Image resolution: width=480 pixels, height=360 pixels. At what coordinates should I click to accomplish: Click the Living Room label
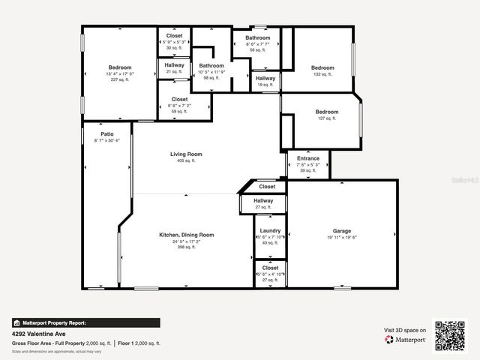(x=185, y=154)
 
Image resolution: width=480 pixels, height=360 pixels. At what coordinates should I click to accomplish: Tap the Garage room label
(x=342, y=230)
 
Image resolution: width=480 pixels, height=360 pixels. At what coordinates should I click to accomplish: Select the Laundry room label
(x=270, y=230)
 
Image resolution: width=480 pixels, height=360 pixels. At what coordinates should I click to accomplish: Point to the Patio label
(x=107, y=134)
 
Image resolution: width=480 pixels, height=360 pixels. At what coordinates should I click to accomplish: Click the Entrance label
(x=308, y=158)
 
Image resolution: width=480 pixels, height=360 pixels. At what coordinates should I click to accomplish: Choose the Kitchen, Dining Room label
(x=186, y=235)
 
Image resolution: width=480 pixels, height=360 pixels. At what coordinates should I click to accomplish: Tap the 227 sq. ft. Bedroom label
(x=120, y=67)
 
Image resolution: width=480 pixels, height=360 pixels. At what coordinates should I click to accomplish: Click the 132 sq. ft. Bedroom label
(x=322, y=67)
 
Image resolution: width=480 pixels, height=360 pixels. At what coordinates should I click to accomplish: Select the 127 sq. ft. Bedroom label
(x=326, y=112)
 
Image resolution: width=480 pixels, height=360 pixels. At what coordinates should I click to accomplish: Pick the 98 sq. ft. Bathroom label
(x=211, y=65)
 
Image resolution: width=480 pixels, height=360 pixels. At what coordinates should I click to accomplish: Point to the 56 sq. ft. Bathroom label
(x=257, y=37)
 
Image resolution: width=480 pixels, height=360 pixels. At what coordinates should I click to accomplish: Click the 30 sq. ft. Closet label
(x=174, y=36)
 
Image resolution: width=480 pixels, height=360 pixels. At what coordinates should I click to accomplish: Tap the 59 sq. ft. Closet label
(x=179, y=99)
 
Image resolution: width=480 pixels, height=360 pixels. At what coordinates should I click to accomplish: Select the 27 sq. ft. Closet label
(x=270, y=268)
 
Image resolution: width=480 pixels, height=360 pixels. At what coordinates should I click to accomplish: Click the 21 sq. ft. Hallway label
(x=174, y=65)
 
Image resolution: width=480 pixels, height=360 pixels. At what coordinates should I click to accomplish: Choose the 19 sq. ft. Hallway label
(x=265, y=78)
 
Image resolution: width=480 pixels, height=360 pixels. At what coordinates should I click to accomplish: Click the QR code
(x=450, y=335)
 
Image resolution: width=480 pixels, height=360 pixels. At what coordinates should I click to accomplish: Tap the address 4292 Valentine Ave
(x=38, y=333)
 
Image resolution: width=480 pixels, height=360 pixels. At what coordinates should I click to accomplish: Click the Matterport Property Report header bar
(x=85, y=322)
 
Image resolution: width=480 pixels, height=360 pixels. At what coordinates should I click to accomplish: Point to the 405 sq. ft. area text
(x=185, y=160)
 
